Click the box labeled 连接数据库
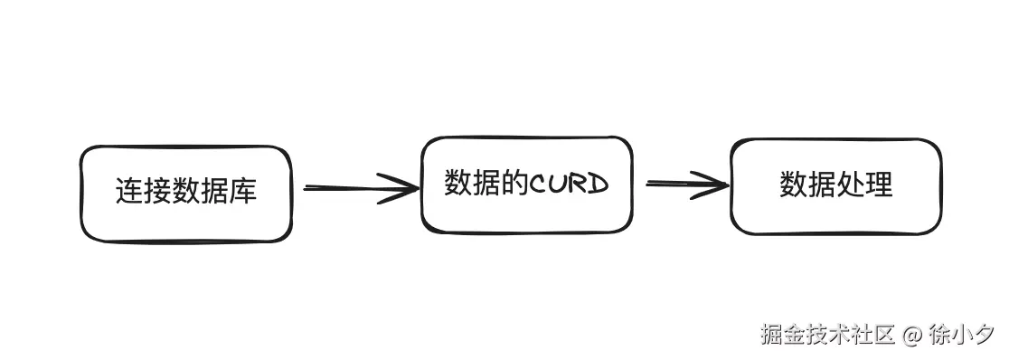186,194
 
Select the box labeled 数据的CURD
526,185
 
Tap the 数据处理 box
835,186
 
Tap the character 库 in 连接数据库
243,192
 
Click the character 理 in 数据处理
878,185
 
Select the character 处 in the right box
850,185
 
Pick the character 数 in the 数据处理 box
793,185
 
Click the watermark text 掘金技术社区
827,334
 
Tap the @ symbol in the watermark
912,335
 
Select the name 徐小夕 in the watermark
961,334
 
